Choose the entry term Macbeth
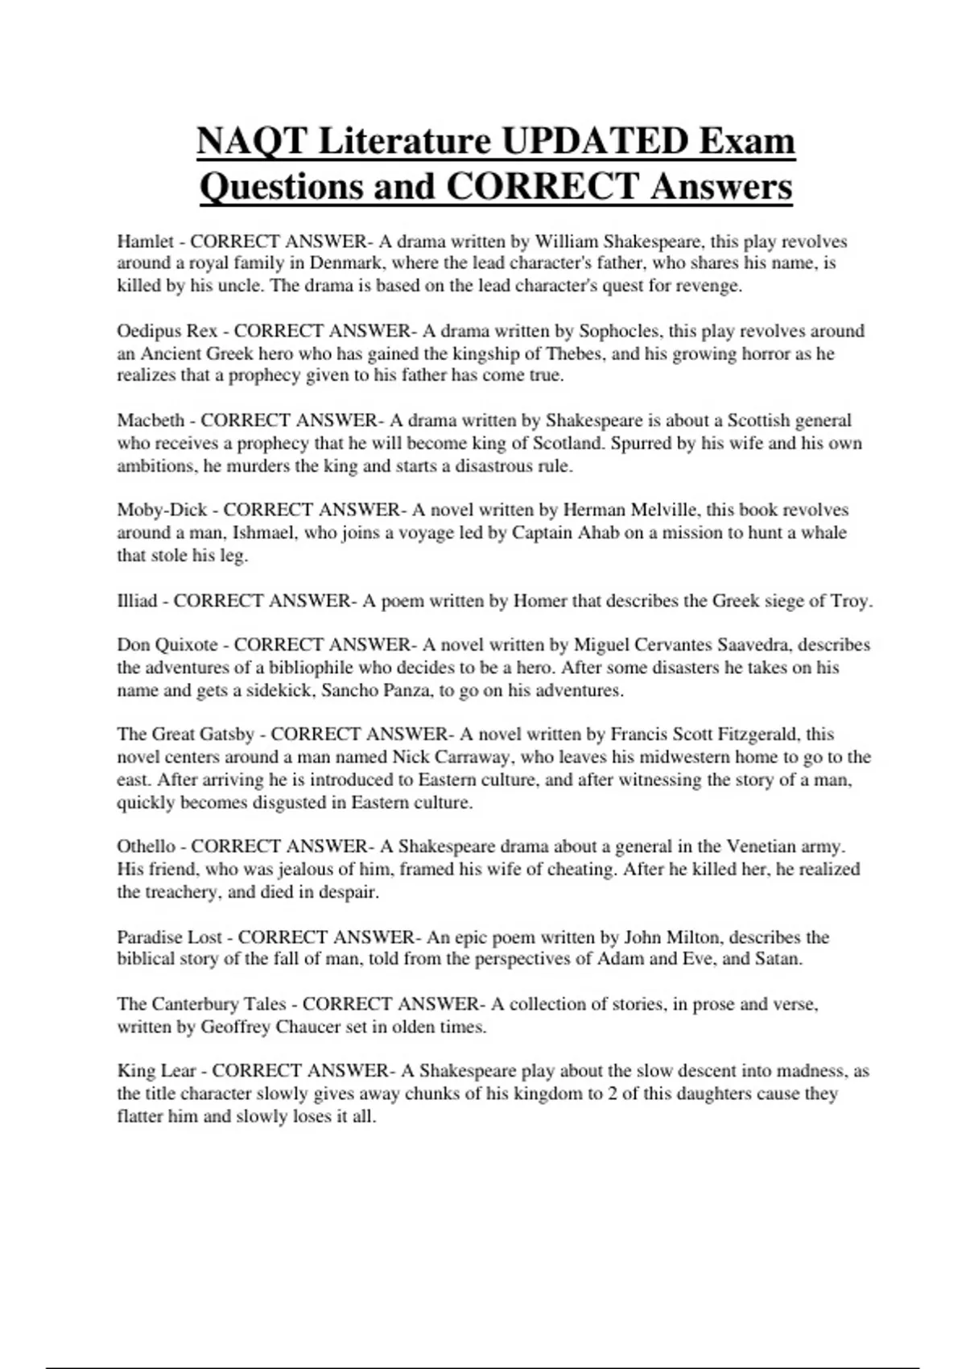tap(151, 420)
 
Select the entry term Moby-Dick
tap(162, 510)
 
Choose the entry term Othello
tap(146, 846)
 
